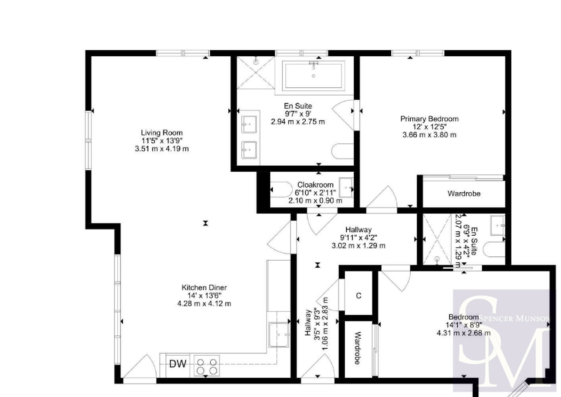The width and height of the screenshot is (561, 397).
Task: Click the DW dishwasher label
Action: tap(178, 364)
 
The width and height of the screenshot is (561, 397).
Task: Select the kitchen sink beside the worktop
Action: tap(279, 335)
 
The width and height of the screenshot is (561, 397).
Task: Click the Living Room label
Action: tap(162, 133)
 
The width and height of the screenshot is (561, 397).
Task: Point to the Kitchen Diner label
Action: tap(204, 288)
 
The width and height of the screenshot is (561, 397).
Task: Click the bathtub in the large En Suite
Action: tap(313, 76)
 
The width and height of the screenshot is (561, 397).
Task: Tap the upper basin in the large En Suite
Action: tap(249, 124)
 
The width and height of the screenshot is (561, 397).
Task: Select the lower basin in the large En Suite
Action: tap(249, 150)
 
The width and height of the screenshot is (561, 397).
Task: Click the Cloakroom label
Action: tap(315, 185)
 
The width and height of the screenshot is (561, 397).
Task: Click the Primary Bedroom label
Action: tap(430, 119)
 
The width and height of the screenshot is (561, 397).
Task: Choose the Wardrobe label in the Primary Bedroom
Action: tap(464, 193)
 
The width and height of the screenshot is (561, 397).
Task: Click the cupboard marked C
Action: tap(359, 296)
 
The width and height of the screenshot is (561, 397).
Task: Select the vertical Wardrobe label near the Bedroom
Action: tap(358, 348)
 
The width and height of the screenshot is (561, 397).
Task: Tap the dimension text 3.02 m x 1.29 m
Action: tap(359, 246)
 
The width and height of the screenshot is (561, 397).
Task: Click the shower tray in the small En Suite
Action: tap(437, 239)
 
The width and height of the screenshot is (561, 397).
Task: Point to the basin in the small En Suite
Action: tap(498, 225)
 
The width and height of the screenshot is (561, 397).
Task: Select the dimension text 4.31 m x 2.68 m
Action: tap(464, 333)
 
